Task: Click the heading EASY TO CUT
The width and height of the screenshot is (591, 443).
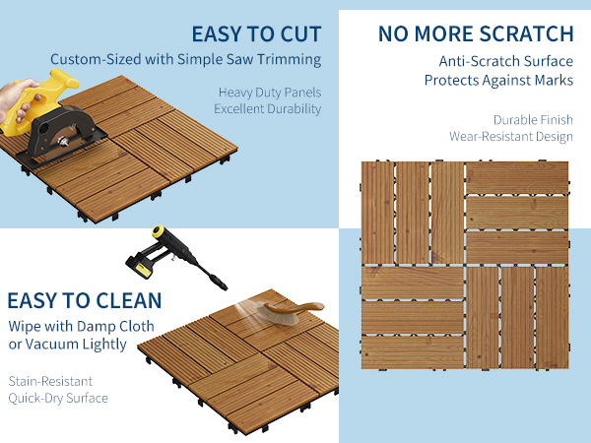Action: pos(256,34)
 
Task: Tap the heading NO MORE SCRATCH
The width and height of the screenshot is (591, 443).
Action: pos(476,33)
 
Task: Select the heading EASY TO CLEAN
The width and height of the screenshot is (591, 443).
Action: pos(85,300)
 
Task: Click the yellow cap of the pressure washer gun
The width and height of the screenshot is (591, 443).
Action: pos(158,231)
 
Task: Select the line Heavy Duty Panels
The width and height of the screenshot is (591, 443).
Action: pos(270,93)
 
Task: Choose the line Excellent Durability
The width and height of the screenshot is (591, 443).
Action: pos(268,109)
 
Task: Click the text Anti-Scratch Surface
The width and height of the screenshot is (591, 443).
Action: pos(506,61)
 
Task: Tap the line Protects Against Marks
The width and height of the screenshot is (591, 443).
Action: pos(498,81)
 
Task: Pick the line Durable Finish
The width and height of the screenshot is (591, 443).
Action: pos(533,120)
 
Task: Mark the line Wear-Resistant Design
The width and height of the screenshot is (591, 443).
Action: pos(511,137)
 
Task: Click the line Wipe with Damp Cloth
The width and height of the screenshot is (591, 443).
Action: pos(81,326)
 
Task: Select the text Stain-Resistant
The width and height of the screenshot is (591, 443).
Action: pos(50,381)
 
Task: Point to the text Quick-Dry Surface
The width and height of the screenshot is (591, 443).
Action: pos(58,398)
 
